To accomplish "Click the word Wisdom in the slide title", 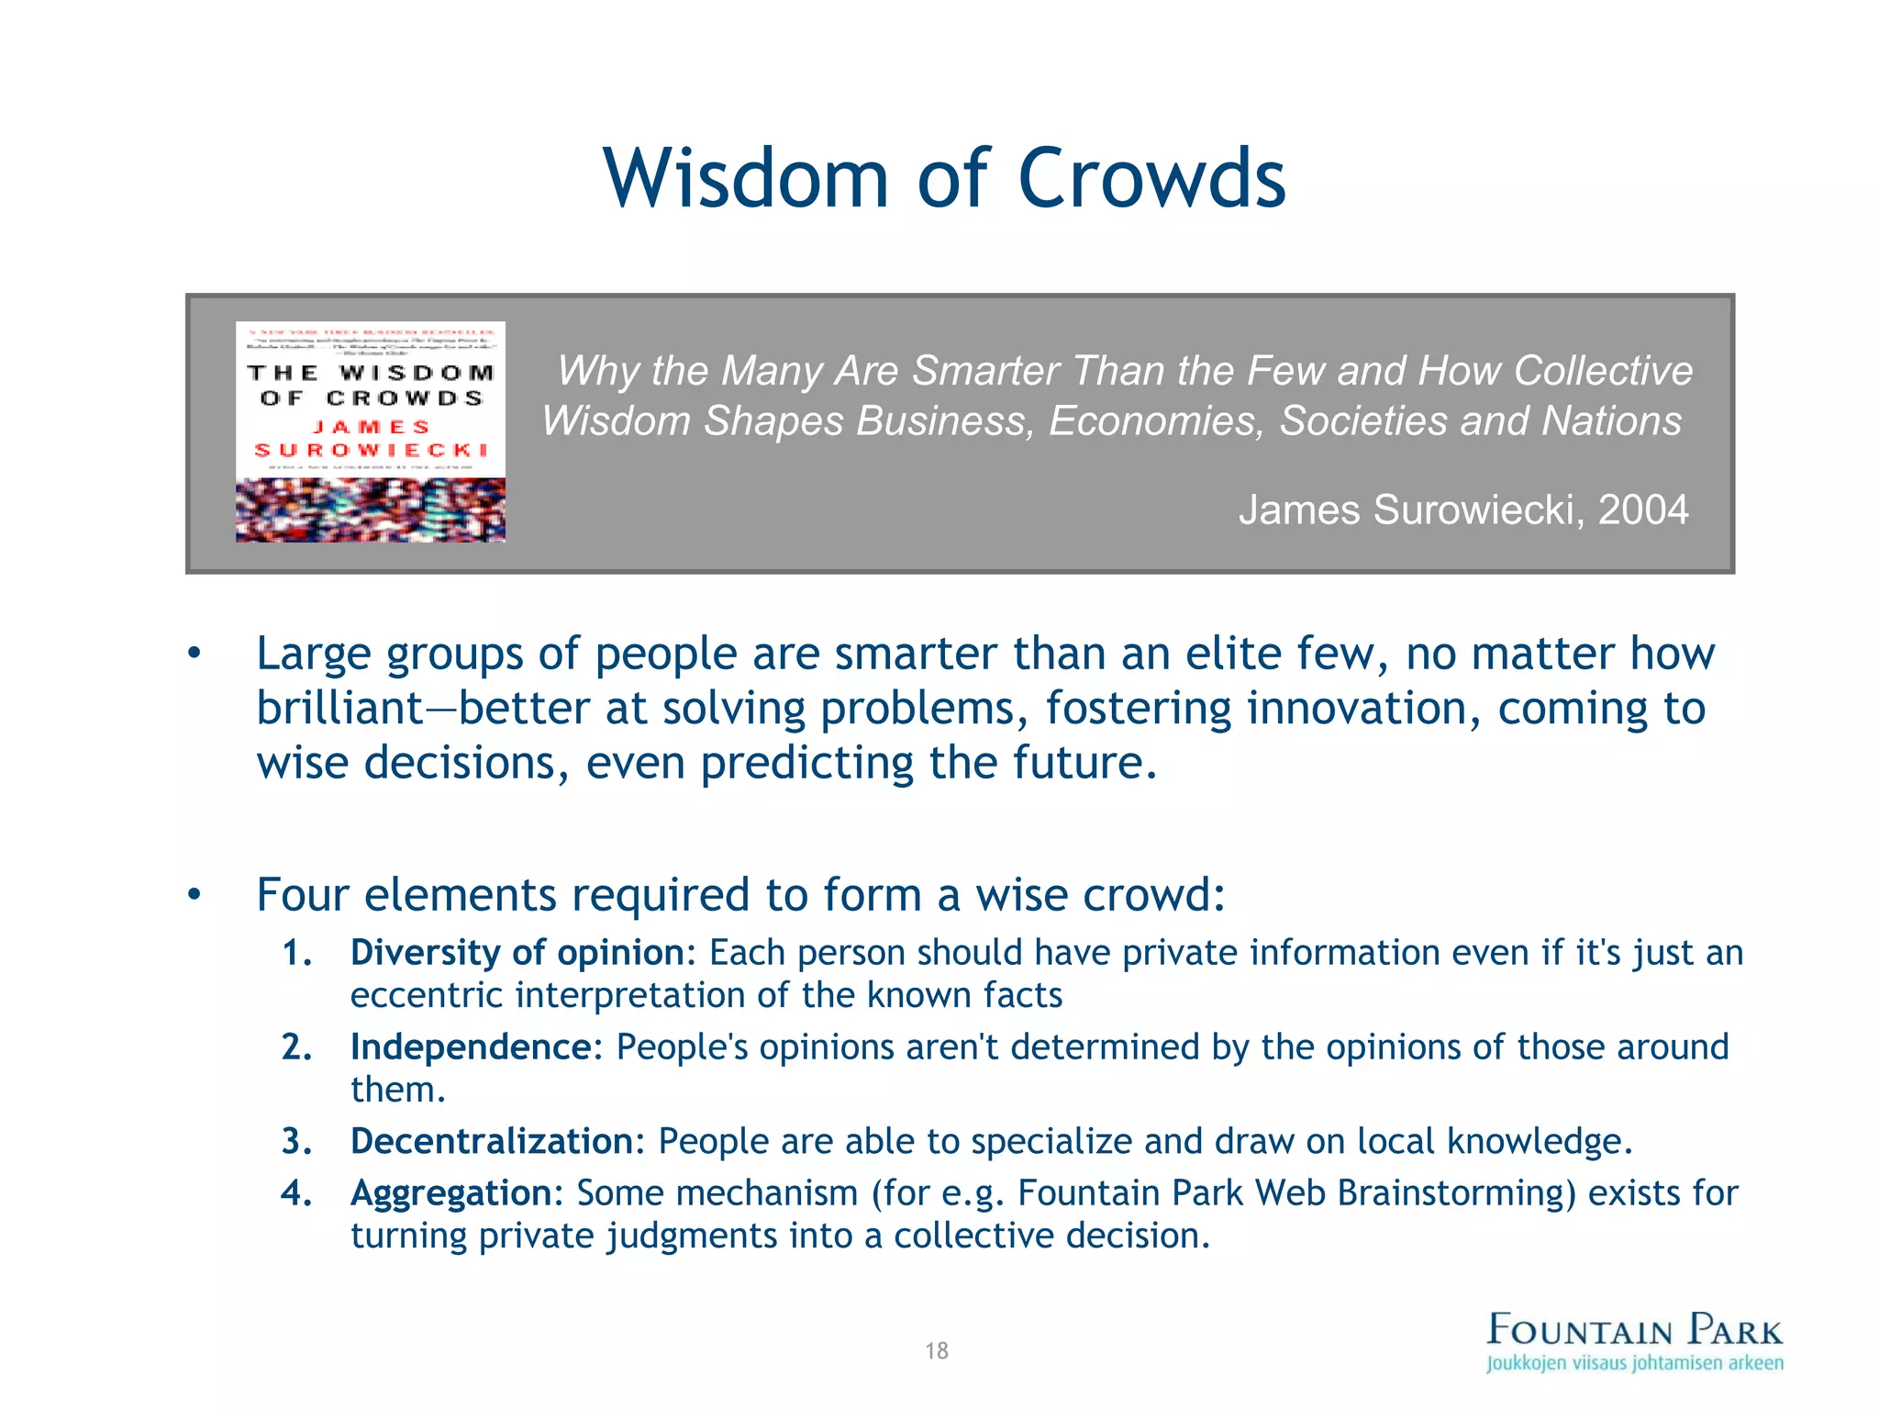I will (x=746, y=178).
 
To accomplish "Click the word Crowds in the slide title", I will (x=1151, y=178).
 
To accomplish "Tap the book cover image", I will (x=371, y=431).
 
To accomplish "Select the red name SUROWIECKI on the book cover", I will (x=371, y=450).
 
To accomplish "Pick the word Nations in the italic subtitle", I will (x=1611, y=421).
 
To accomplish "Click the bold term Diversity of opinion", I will (x=518, y=953).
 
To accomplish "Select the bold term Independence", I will (x=472, y=1047).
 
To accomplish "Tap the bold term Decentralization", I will (x=492, y=1141).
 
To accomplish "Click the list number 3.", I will (x=296, y=1141).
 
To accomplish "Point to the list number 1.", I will (x=296, y=953).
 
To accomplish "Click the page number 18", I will (x=937, y=1350).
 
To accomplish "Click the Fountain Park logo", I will (x=1635, y=1330).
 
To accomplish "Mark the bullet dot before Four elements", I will (x=194, y=895).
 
